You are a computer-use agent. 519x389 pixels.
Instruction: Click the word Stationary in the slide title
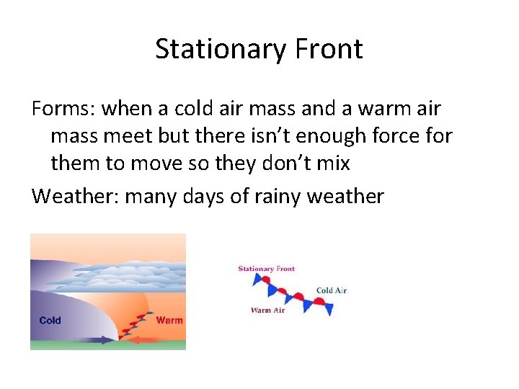coord(208,49)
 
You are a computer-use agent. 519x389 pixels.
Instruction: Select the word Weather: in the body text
coord(75,195)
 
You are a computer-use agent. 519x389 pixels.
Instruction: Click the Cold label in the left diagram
coord(50,321)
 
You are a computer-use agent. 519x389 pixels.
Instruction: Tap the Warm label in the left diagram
coord(169,321)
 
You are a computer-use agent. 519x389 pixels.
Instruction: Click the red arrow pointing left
coord(155,339)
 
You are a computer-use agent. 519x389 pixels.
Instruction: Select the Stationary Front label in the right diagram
coord(266,269)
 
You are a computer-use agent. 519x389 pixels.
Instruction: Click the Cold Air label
coord(332,290)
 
